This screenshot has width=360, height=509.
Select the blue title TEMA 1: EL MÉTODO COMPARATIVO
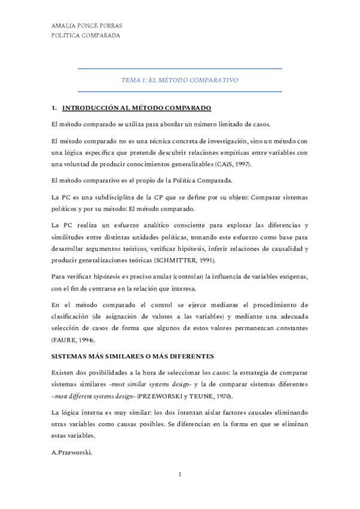point(180,80)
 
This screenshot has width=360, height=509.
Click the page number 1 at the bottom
point(179,474)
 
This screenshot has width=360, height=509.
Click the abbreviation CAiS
point(220,164)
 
